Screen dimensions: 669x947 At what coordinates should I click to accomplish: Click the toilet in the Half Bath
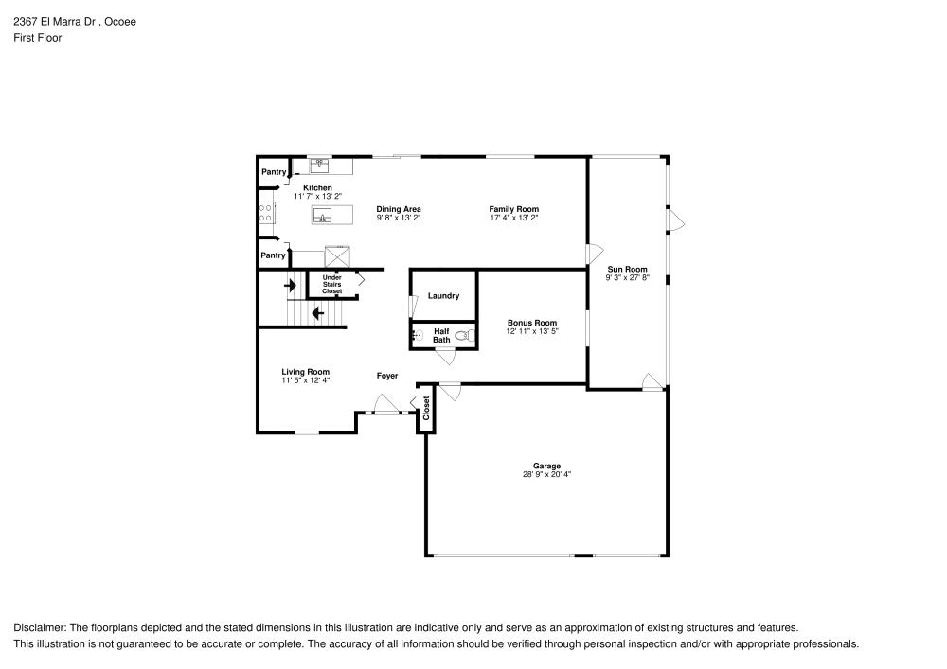point(463,336)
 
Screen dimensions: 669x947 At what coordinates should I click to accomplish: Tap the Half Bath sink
point(416,336)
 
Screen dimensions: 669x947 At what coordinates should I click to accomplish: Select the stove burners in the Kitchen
point(265,213)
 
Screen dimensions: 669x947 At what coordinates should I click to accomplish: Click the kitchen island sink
point(324,216)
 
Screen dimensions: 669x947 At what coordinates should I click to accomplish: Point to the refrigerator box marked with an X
point(337,256)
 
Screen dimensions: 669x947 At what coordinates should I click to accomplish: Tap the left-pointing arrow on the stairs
point(317,311)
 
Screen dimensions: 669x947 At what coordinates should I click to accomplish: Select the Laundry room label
point(443,296)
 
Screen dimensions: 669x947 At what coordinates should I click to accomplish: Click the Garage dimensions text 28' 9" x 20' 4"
point(546,474)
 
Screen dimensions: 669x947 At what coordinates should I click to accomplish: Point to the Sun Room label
point(627,270)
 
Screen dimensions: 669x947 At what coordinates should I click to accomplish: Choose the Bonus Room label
point(531,323)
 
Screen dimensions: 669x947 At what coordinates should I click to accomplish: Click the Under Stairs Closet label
point(331,284)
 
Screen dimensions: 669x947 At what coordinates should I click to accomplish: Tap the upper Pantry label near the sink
point(274,172)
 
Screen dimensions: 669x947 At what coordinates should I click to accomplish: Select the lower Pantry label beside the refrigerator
point(273,255)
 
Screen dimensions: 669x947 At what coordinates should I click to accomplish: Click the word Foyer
point(387,376)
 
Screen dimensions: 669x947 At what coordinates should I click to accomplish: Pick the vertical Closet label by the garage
point(426,409)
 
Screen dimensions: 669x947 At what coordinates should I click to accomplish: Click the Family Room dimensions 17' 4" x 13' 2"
point(513,218)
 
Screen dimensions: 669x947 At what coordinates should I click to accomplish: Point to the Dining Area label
point(398,209)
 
